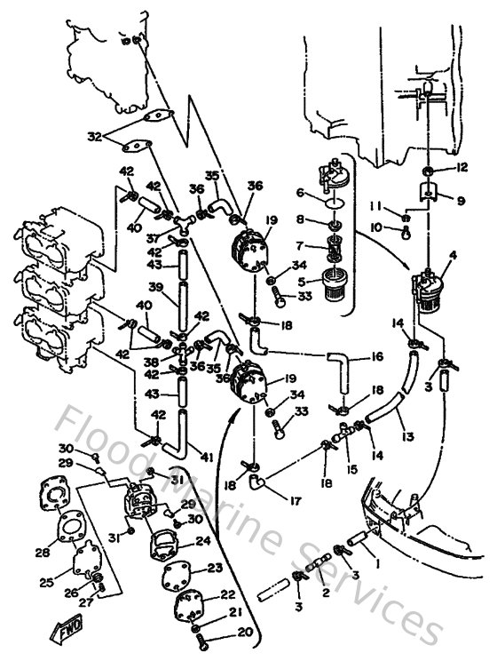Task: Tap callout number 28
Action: point(43,553)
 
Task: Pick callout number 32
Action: point(95,137)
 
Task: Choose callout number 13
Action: point(407,436)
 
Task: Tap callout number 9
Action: point(460,201)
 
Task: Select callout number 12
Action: point(461,166)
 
